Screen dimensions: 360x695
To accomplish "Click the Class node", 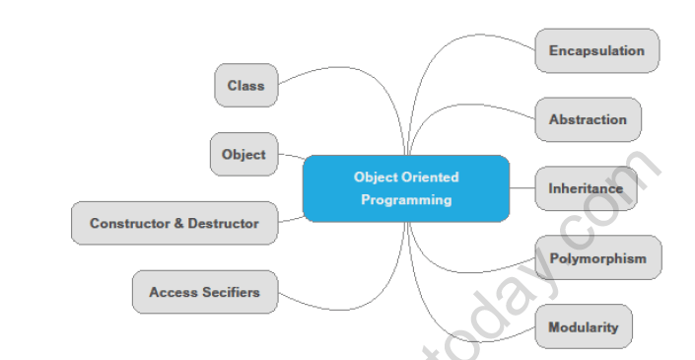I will pos(245,86).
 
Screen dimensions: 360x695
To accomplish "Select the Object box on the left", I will pos(243,155).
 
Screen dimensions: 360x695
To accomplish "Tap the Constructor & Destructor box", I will pos(174,224).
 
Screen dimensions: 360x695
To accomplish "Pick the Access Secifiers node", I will pos(204,292).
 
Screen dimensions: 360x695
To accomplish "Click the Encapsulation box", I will pos(596,51).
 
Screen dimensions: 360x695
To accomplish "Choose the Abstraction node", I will pos(588,120).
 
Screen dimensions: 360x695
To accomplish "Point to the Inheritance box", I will pos(586,188).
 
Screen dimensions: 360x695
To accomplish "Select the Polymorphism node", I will pos(597,258).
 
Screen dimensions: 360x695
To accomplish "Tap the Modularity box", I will pos(584,327).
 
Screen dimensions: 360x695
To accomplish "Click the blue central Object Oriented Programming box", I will pos(405,188).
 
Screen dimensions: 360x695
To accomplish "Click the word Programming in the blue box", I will pos(406,200).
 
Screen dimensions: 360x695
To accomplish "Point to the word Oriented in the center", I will pos(431,178).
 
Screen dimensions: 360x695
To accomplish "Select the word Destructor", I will pos(224,224).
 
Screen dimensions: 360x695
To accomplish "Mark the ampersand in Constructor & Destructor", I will pos(179,224).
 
